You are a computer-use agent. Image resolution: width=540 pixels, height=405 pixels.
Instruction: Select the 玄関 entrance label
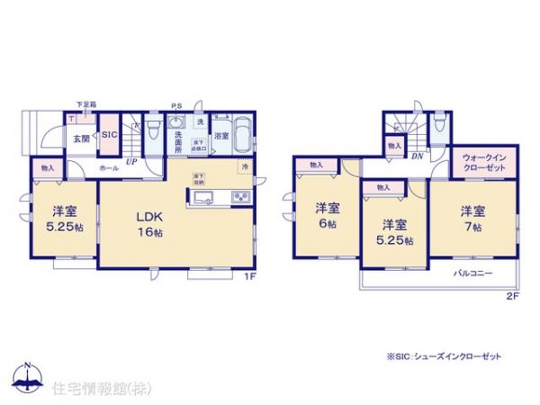coord(80,139)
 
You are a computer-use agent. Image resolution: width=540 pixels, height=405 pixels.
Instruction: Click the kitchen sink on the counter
coord(201,198)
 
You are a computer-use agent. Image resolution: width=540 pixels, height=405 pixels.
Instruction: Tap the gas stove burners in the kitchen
coord(242,198)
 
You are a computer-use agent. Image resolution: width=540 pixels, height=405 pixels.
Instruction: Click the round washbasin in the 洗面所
coord(177,125)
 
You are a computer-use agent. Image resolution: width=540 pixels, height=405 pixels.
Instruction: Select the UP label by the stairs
coord(131,161)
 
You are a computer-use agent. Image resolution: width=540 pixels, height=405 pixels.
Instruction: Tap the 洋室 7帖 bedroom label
coord(473,219)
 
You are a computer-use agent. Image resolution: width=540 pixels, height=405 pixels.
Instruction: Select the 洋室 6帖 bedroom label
coord(326,217)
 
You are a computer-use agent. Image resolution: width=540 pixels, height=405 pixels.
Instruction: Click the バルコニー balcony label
coord(472,271)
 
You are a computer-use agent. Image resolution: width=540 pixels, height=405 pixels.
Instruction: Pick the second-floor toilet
coord(438,125)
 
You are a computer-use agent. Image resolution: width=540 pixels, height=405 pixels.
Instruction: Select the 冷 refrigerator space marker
coord(243,167)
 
